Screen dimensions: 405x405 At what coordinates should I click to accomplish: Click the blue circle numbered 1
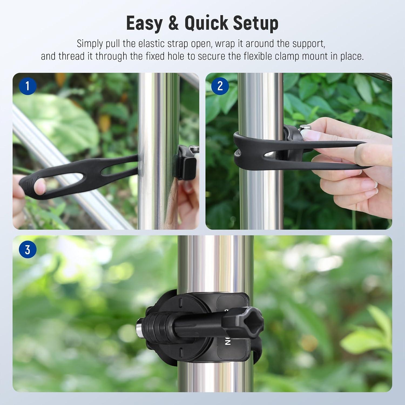click(x=27, y=86)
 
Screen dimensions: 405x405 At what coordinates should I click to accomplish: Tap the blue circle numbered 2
click(x=220, y=86)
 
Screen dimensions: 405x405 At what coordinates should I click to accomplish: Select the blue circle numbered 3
click(x=27, y=250)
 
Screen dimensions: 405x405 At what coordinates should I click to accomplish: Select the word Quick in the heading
click(x=207, y=23)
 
